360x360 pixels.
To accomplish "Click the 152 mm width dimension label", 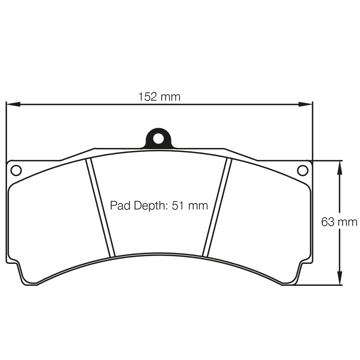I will coord(159,97).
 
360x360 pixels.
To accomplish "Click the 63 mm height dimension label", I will coord(339,222).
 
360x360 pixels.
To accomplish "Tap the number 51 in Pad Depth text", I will coord(178,205).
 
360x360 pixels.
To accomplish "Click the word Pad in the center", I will coord(119,205).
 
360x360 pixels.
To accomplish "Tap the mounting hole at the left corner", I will coord(16,170).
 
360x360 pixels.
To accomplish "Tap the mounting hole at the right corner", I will coord(303,170).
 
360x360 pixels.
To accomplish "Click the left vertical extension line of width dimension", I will coord(6,130).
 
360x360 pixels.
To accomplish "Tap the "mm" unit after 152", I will coord(170,97).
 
